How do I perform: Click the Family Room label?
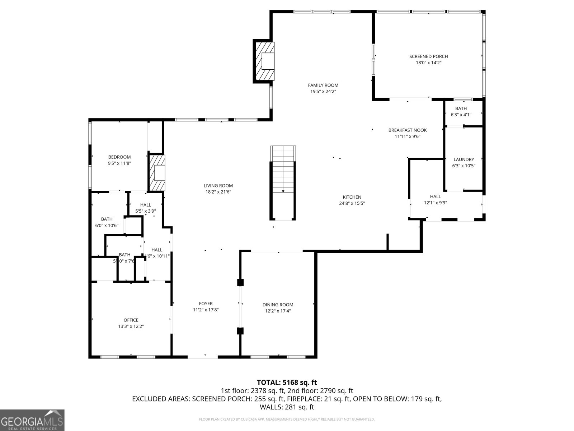[323, 85]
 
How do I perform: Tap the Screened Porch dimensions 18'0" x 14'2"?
[428, 63]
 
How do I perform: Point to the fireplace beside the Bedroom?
[157, 173]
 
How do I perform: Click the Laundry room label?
[464, 159]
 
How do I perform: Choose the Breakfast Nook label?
[407, 130]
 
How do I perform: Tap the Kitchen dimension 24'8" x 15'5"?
[352, 203]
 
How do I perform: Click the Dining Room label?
[278, 305]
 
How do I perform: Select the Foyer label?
[206, 303]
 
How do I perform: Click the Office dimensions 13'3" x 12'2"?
[131, 326]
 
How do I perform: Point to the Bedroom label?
[119, 157]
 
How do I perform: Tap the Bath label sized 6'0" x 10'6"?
[107, 219]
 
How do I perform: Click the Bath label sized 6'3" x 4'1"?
[461, 108]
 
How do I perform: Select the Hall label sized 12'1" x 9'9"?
[435, 196]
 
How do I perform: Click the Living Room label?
[218, 186]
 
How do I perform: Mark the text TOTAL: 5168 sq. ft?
[287, 383]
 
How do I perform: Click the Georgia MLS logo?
[32, 420]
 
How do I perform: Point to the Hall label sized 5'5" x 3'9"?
[145, 205]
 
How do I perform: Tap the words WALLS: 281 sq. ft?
[287, 407]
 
